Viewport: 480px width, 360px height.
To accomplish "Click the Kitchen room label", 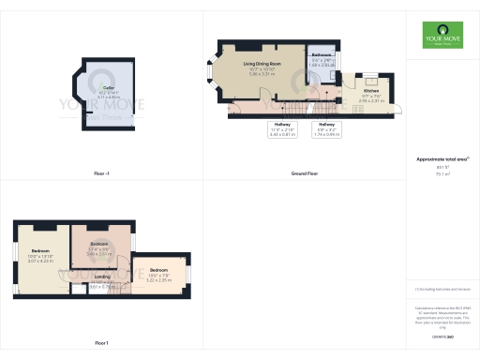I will pyautogui.click(x=370, y=91).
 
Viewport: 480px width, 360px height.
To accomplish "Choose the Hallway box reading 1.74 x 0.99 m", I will pyautogui.click(x=325, y=128).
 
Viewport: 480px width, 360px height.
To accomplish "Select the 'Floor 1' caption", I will pyautogui.click(x=101, y=343).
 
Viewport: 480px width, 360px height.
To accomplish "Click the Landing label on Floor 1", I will pyautogui.click(x=103, y=277).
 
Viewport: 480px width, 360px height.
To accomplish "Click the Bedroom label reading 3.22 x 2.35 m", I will pyautogui.click(x=160, y=273).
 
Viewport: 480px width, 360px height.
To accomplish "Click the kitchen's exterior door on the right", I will pyautogui.click(x=400, y=109).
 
